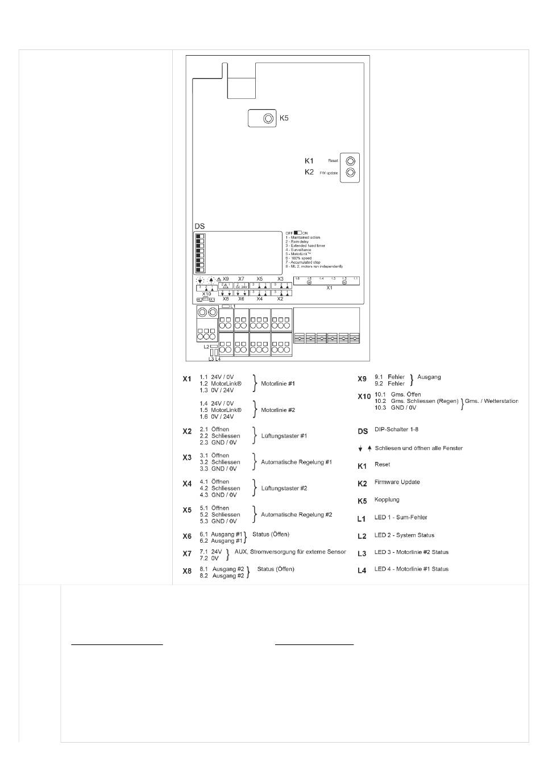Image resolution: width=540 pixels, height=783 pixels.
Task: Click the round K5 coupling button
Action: pyautogui.click(x=268, y=118)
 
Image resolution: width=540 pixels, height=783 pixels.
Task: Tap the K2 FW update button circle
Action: pyautogui.click(x=351, y=173)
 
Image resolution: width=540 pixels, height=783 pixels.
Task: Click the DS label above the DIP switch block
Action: pyautogui.click(x=200, y=226)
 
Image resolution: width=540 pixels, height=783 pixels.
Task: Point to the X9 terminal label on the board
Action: pyautogui.click(x=226, y=279)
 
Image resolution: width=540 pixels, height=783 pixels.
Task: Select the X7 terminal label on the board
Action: pyautogui.click(x=242, y=279)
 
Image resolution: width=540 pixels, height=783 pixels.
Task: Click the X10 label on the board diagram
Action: pyautogui.click(x=206, y=294)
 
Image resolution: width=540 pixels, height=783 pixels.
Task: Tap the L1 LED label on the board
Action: pyautogui.click(x=233, y=306)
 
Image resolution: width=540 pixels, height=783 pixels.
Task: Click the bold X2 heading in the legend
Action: pyautogui.click(x=187, y=431)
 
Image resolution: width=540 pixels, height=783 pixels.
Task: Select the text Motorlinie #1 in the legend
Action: pyautogui.click(x=278, y=384)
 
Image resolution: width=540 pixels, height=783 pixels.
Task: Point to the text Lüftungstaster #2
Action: pyautogui.click(x=284, y=488)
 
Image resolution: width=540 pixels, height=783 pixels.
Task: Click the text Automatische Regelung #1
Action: pyautogui.click(x=296, y=462)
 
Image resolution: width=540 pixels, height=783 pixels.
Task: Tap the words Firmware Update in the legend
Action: pyautogui.click(x=397, y=482)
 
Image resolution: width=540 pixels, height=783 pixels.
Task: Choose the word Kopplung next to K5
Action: pyautogui.click(x=387, y=499)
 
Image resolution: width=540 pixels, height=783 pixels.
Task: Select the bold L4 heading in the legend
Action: pyautogui.click(x=362, y=570)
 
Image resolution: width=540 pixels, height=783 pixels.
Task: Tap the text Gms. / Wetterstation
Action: pyautogui.click(x=491, y=401)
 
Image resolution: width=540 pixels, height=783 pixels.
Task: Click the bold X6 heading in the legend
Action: pyautogui.click(x=187, y=536)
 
